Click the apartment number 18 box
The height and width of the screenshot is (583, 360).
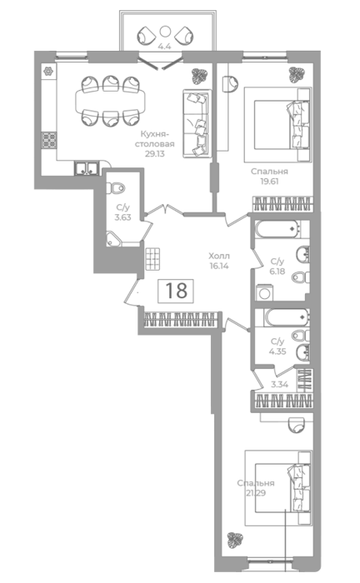click(x=176, y=291)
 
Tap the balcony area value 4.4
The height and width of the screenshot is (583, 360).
click(x=164, y=47)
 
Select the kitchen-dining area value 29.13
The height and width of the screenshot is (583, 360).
click(x=155, y=153)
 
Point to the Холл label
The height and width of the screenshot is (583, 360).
click(x=219, y=256)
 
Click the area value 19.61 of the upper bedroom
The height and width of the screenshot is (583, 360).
click(x=270, y=182)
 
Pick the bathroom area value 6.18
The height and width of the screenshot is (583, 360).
click(x=277, y=271)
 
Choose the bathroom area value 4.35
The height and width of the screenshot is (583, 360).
click(x=277, y=351)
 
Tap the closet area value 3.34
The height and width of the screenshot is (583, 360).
click(x=279, y=385)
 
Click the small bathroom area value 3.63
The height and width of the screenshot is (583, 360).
click(x=122, y=217)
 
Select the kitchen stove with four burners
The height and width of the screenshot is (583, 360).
click(x=49, y=140)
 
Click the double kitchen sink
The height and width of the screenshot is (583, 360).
click(x=87, y=168)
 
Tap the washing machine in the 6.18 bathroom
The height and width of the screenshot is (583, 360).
click(x=265, y=292)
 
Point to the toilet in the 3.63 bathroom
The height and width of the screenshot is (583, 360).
click(x=116, y=188)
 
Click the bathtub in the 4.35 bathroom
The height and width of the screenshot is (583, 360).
click(x=287, y=317)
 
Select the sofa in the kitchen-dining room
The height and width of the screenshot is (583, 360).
click(x=197, y=123)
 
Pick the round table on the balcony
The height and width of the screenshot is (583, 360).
click(x=165, y=32)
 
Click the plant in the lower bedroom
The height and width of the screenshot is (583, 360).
click(x=235, y=539)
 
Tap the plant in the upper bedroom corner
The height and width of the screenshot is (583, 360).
click(x=297, y=75)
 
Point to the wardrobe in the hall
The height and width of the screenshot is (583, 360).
click(x=180, y=319)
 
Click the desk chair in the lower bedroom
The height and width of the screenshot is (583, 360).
click(x=297, y=425)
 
